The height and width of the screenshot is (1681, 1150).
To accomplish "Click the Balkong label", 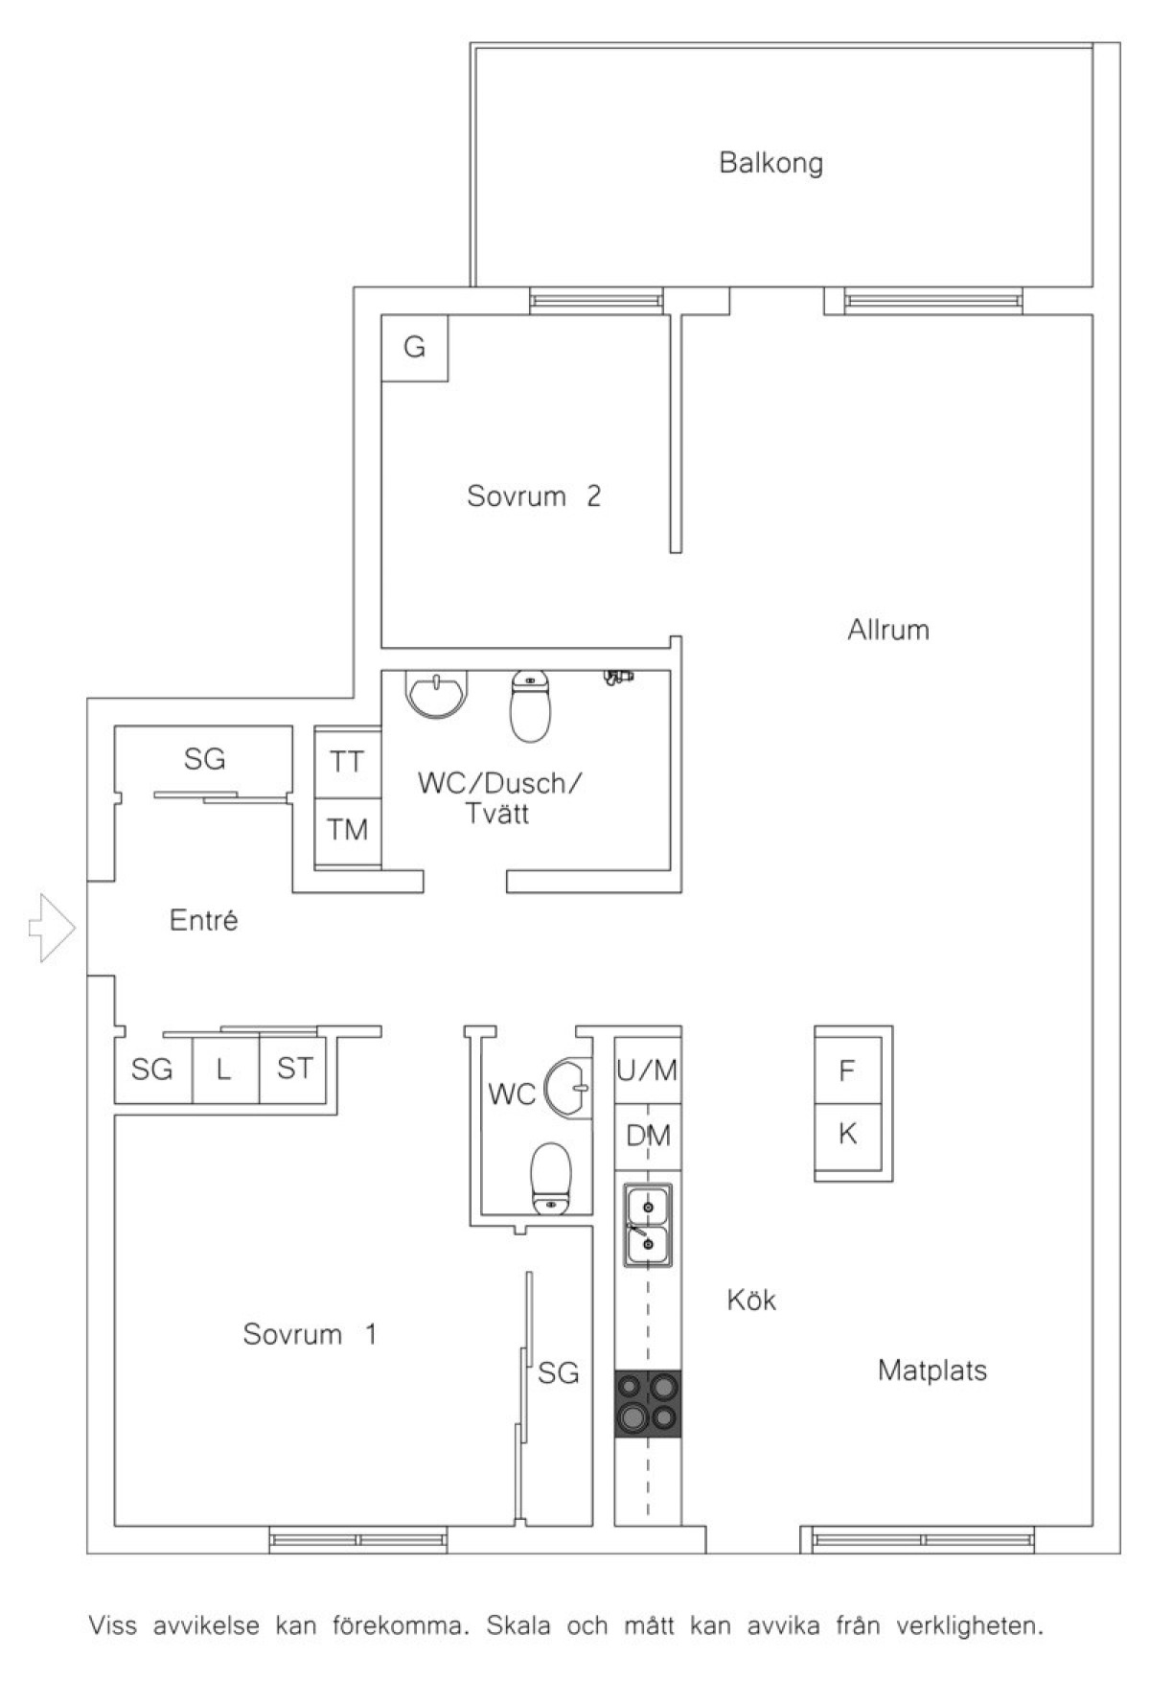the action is click(x=770, y=163).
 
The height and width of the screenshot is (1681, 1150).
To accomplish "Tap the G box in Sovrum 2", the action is click(x=415, y=347).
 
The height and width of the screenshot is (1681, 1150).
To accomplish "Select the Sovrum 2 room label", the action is click(x=534, y=496).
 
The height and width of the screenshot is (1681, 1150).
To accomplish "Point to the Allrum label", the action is click(x=888, y=630).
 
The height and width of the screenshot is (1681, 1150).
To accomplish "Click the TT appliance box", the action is click(x=348, y=762).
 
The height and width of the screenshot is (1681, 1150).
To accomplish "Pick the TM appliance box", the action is click(x=348, y=830).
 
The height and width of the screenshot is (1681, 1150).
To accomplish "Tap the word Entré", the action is click(x=203, y=921).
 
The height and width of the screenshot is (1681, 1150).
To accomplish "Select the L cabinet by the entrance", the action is click(x=226, y=1070).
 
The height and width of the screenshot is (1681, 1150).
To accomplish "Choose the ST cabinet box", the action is click(x=293, y=1070).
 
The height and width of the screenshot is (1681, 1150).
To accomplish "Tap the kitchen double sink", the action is click(x=649, y=1225).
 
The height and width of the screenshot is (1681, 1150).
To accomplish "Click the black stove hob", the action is click(x=649, y=1403).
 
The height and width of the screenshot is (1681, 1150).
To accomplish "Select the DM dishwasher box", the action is click(x=649, y=1137).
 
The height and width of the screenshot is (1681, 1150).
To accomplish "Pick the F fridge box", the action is click(x=847, y=1070).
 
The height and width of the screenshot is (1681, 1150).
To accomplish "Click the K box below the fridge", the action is click(x=847, y=1137).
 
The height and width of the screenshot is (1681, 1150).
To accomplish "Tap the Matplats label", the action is click(x=932, y=1370).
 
